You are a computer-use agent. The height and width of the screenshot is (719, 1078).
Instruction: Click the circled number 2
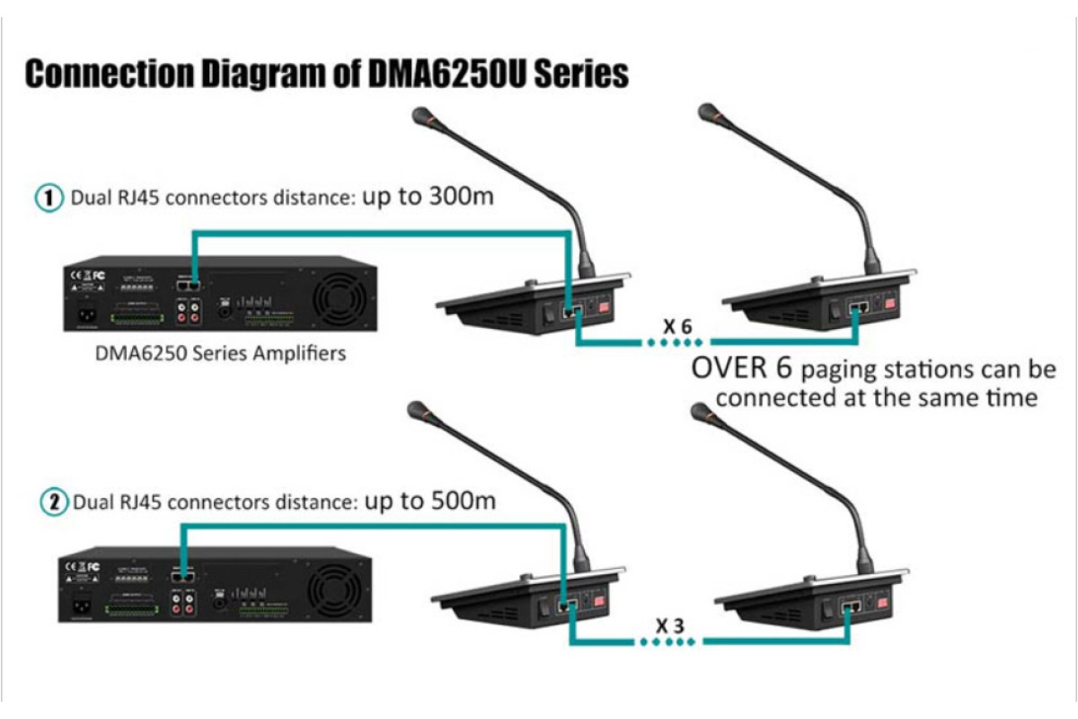click(x=55, y=502)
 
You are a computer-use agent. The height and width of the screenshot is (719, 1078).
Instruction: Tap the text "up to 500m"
click(x=429, y=501)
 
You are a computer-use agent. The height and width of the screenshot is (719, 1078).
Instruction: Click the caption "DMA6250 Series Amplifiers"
click(x=220, y=353)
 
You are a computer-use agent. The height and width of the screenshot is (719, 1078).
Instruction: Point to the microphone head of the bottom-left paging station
click(x=419, y=412)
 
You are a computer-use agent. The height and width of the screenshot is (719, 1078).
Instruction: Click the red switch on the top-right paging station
click(x=889, y=303)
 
